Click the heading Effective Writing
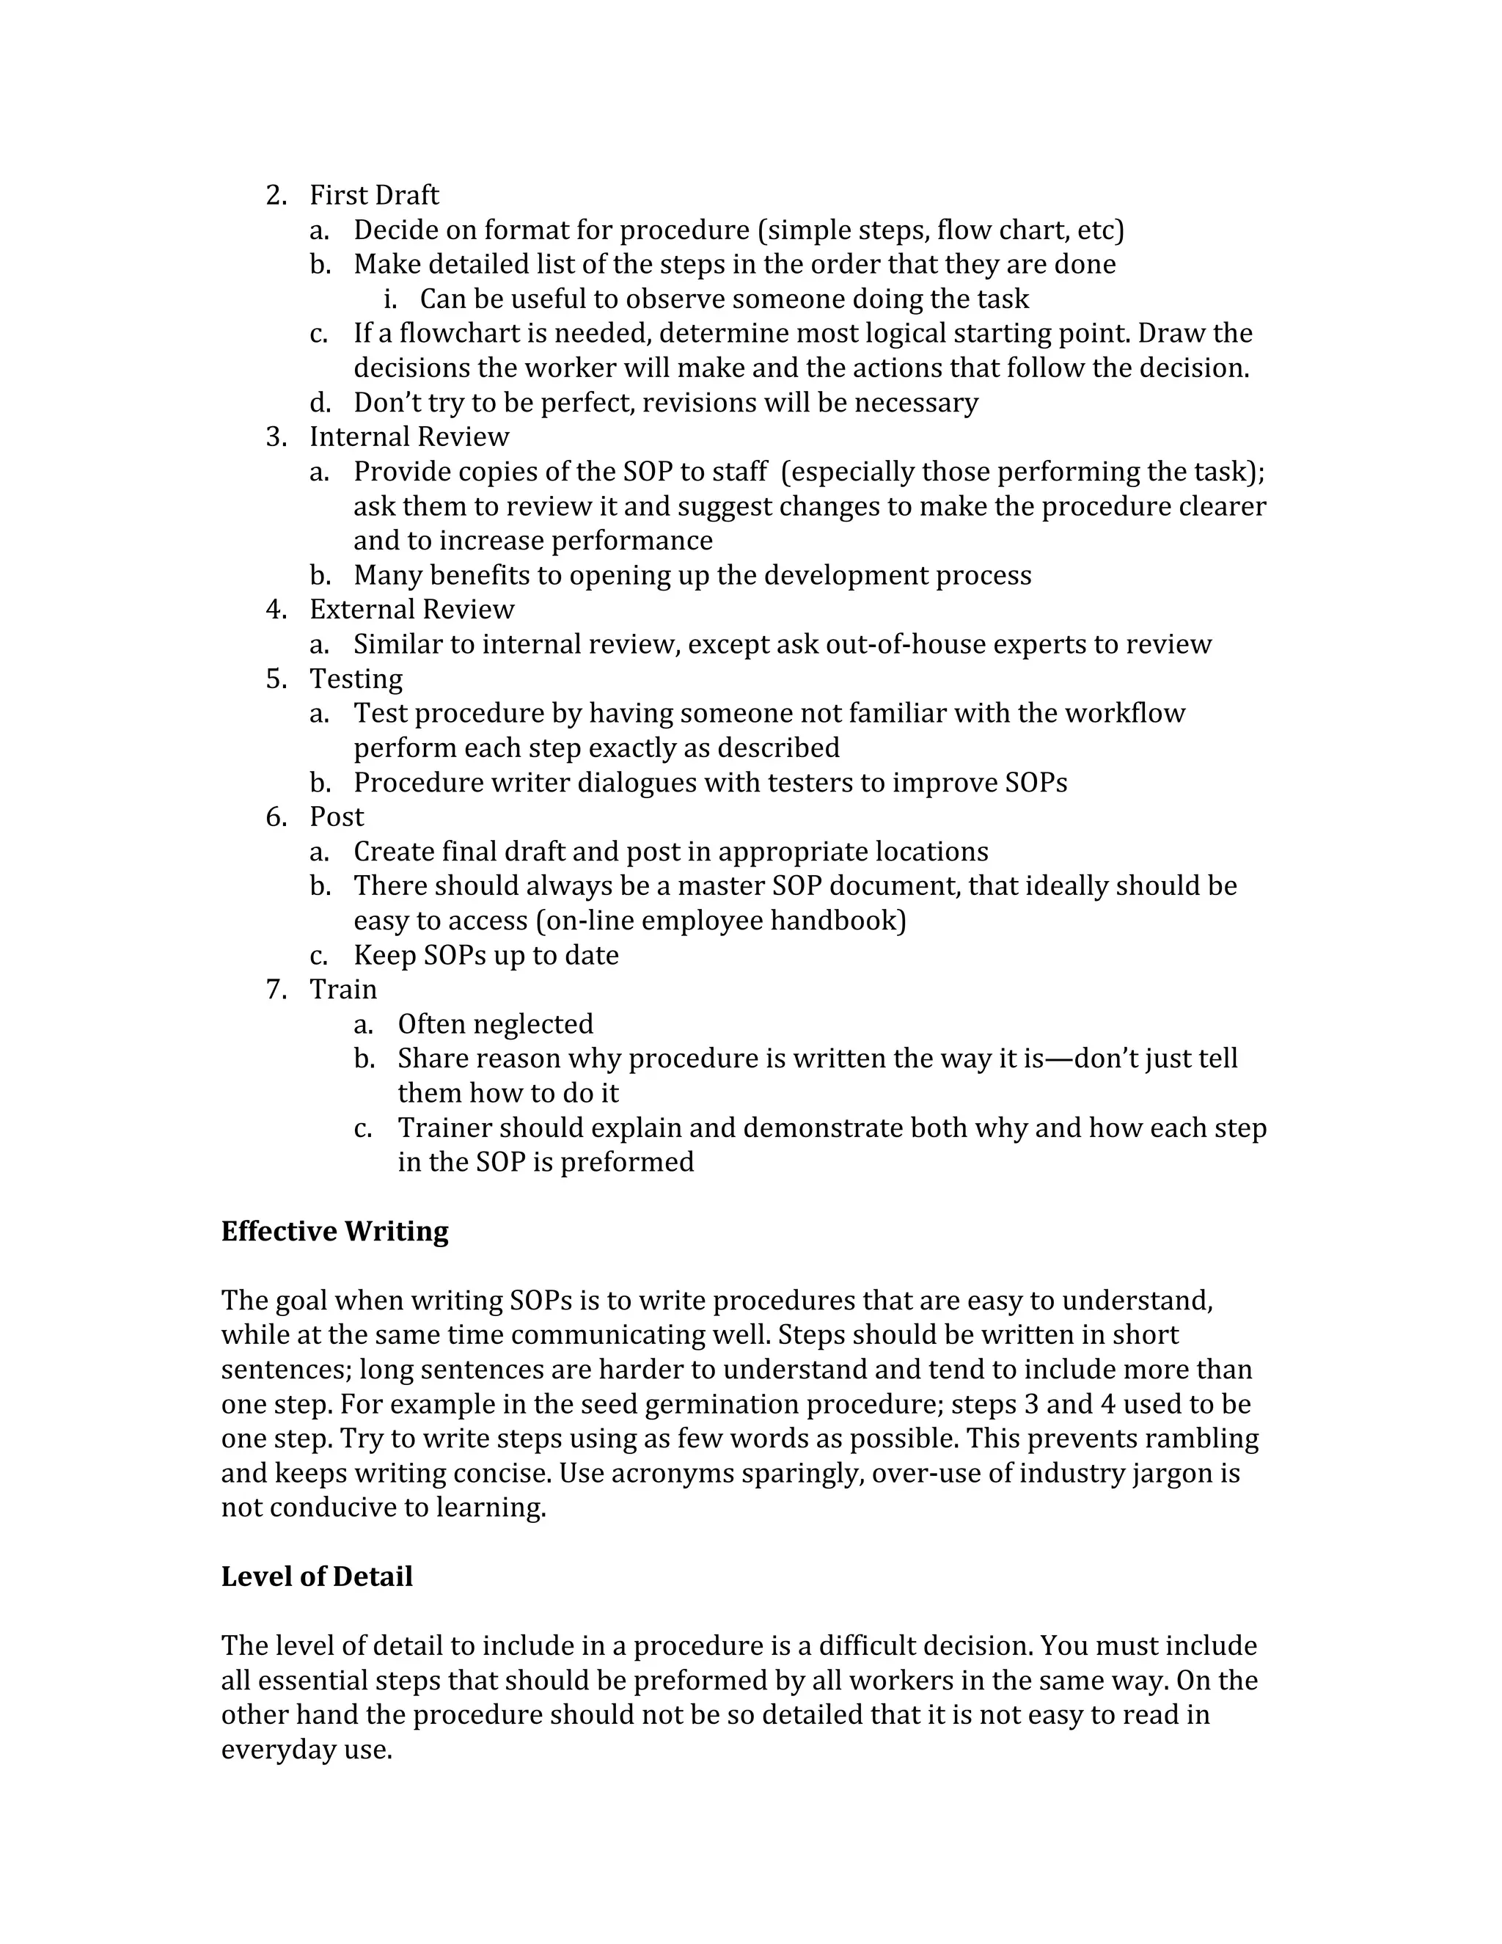(x=334, y=1231)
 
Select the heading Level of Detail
(x=317, y=1576)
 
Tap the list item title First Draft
(x=374, y=195)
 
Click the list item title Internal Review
(x=409, y=437)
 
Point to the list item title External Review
(x=412, y=610)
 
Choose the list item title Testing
(x=356, y=679)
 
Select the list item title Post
(x=337, y=817)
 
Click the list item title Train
(x=342, y=990)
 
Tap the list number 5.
(x=275, y=679)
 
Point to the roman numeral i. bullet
(x=389, y=299)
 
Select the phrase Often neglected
(x=495, y=1025)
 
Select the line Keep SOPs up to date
(x=486, y=956)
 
